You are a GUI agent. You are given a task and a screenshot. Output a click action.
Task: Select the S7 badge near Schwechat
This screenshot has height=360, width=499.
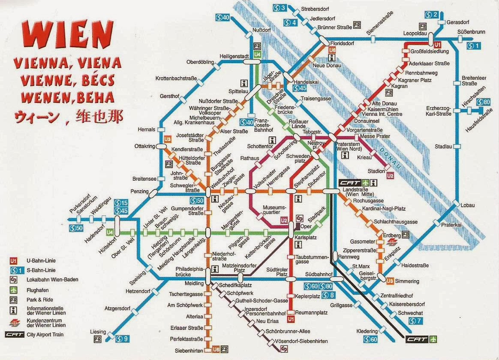[416, 321]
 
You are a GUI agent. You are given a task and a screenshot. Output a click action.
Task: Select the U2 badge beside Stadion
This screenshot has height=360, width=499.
[390, 175]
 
